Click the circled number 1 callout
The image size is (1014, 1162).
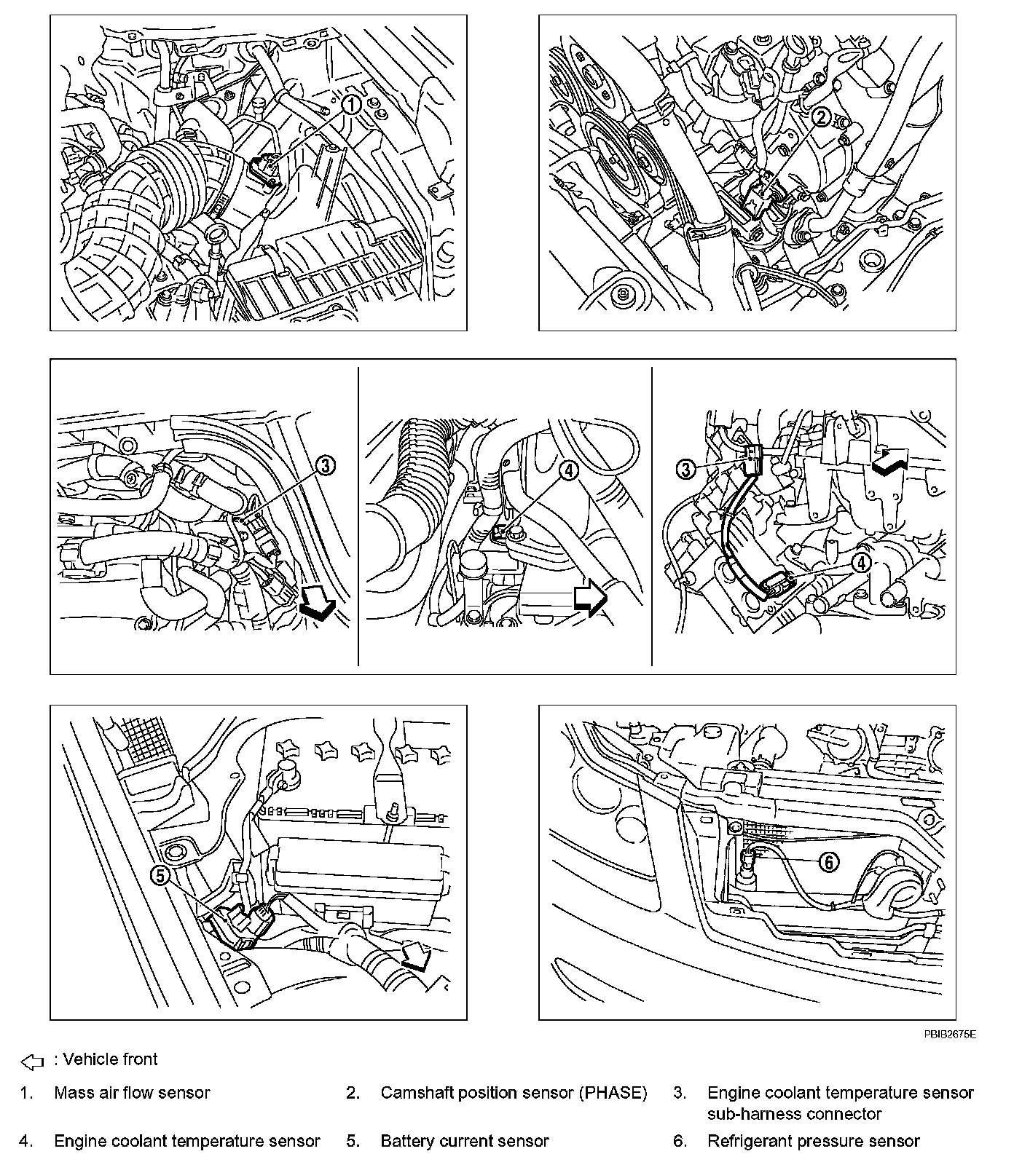(352, 105)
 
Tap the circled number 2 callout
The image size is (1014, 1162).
(821, 116)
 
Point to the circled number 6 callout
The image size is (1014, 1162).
(829, 862)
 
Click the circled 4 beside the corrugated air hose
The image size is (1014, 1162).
(569, 470)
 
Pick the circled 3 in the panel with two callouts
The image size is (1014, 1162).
(685, 469)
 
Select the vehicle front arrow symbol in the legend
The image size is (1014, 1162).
(33, 1062)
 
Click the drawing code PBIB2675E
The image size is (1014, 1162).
(951, 1034)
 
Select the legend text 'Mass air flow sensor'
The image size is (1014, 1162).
(132, 1093)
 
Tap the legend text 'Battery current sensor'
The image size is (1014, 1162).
(465, 1141)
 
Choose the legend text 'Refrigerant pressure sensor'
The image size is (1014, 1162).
(814, 1141)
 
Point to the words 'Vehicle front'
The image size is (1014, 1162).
(110, 1059)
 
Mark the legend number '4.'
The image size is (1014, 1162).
(26, 1141)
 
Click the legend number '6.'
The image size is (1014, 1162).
(680, 1141)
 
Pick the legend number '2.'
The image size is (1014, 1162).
(353, 1093)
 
